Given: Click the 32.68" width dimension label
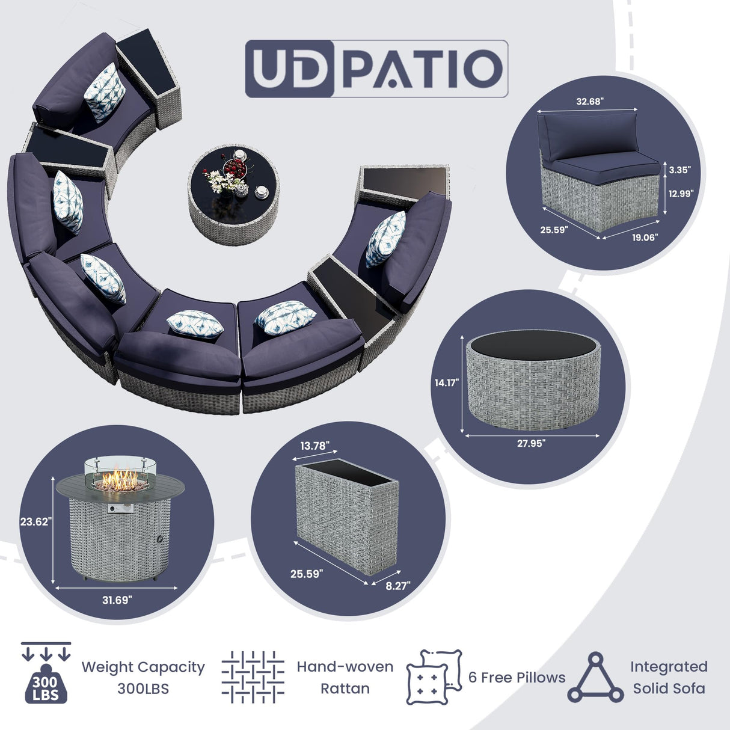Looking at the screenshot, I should [589, 102].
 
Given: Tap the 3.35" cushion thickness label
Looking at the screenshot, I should [679, 170].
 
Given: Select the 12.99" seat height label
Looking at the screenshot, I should [681, 194].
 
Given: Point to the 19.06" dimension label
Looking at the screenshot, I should [645, 238].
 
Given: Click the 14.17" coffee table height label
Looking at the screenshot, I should [447, 383].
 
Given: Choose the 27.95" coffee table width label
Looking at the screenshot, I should [531, 444].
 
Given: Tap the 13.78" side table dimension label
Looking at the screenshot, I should [314, 446].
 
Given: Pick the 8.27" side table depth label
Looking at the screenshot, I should [397, 586].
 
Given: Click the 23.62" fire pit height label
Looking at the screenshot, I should [36, 522].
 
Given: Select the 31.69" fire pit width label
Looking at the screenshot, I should [117, 600].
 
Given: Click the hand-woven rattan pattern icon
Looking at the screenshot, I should [253, 677].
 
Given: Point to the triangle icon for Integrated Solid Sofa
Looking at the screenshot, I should [595, 678].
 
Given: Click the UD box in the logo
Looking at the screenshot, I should [289, 69].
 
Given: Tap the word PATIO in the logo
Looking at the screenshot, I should [422, 69].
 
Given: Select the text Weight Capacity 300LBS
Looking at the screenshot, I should [143, 678].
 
